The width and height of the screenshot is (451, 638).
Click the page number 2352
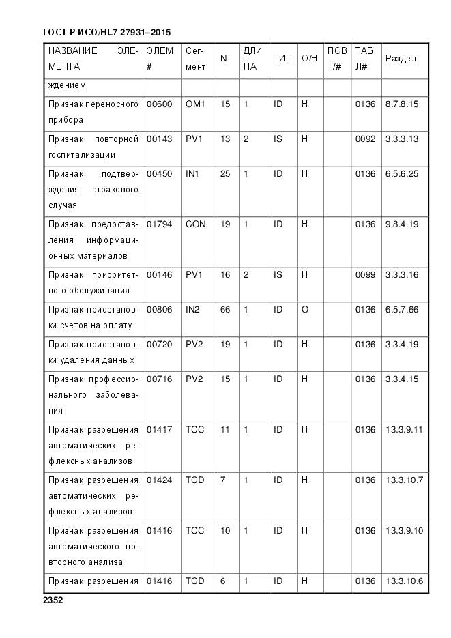53,601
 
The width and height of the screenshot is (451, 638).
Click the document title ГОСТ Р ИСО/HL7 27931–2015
106,32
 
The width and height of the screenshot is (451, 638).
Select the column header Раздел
401,59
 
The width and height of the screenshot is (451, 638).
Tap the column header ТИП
282,59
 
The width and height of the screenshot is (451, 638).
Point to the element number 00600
160,104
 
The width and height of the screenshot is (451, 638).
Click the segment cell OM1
195,104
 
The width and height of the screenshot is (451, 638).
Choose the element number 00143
160,139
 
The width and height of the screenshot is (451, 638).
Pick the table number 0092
365,139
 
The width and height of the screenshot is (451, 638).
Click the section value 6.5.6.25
402,174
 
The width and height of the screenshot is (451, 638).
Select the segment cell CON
195,224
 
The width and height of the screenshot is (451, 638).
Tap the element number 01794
160,224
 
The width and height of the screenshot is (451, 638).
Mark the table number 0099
365,275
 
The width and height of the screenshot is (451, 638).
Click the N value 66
225,310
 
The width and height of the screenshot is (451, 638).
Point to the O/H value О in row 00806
305,310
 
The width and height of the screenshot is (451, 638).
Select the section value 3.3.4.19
402,345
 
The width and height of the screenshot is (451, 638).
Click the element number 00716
160,379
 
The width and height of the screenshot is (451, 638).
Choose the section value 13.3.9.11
405,430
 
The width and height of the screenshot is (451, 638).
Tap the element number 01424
160,480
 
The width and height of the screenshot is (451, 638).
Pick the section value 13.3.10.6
405,581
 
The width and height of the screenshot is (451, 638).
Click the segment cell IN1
192,174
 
